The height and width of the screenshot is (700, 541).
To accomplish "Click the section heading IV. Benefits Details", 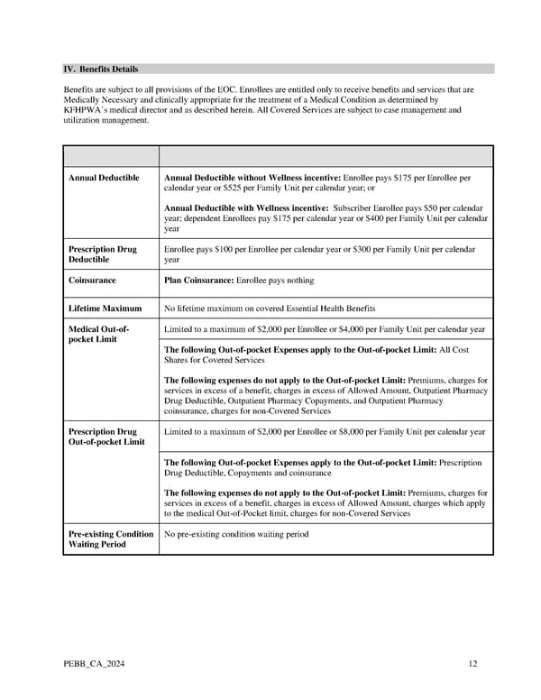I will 100,69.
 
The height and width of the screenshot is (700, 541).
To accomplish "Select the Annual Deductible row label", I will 104,178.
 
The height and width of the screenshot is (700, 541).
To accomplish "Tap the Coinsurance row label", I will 92,281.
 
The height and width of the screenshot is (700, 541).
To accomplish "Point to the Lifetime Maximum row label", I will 105,309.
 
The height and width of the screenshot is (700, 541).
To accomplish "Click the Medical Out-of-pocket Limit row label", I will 99,335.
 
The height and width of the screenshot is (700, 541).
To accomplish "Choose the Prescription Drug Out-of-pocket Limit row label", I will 106,437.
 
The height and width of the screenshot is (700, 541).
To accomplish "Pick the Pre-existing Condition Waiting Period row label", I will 111,539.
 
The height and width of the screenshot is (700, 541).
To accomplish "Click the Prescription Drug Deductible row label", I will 103,254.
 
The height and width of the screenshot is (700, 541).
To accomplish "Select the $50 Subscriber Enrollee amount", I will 416,208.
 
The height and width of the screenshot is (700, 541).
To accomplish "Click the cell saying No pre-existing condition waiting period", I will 236,534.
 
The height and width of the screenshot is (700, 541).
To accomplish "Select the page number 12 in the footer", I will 472,665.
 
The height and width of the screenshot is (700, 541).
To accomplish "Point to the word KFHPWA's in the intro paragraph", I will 87,110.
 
